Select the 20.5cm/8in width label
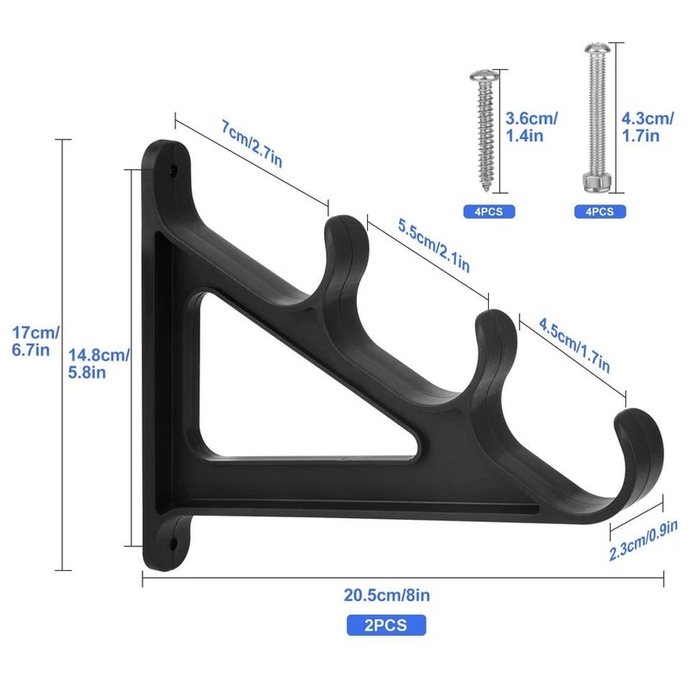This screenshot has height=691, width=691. (386, 594)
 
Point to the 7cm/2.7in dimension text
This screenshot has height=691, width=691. (251, 143)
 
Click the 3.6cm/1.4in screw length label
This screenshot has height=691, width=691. (531, 127)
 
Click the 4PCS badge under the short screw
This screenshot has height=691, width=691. (488, 211)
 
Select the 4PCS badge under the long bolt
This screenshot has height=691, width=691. (599, 211)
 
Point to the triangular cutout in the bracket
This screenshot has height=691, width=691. (259, 389)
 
